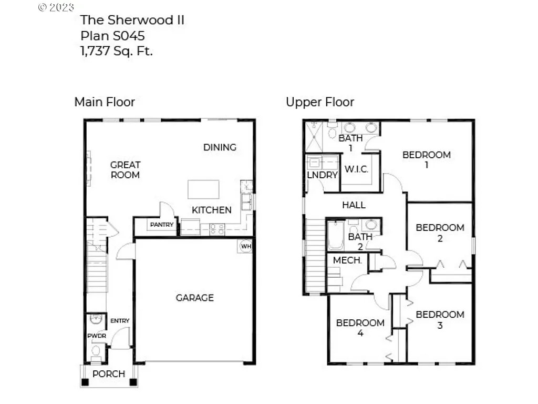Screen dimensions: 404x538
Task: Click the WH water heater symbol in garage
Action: (246, 245)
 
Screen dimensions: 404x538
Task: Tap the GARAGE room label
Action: (194, 298)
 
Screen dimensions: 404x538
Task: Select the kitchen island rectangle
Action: (203, 189)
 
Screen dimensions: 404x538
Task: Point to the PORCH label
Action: (109, 374)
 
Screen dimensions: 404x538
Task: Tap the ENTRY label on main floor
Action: (120, 320)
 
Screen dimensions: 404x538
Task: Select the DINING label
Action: (220, 147)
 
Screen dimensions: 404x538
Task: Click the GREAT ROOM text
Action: (125, 170)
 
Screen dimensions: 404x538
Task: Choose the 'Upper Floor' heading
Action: (320, 102)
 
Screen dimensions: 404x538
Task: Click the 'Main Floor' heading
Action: (105, 102)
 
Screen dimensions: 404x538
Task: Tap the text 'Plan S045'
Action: (112, 36)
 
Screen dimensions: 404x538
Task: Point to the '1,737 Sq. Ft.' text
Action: (117, 51)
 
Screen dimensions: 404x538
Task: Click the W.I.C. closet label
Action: (356, 169)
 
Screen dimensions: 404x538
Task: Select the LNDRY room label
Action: (322, 175)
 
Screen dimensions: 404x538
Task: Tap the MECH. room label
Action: (347, 260)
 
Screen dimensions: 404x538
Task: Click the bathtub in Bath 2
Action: (335, 236)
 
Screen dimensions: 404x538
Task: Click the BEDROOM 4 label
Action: (360, 328)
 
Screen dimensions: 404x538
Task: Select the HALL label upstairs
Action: (354, 205)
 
